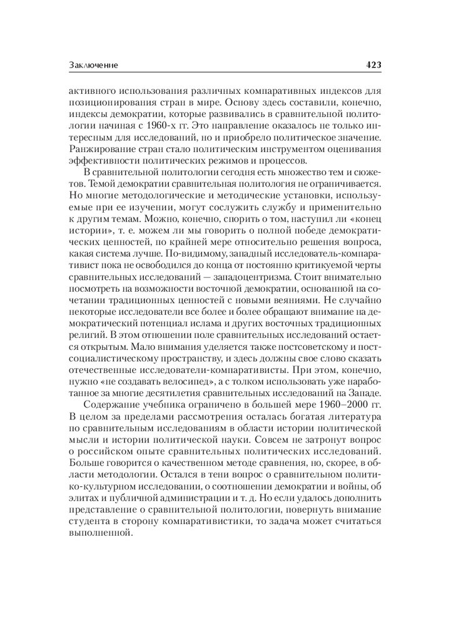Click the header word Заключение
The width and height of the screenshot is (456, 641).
pos(93,65)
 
